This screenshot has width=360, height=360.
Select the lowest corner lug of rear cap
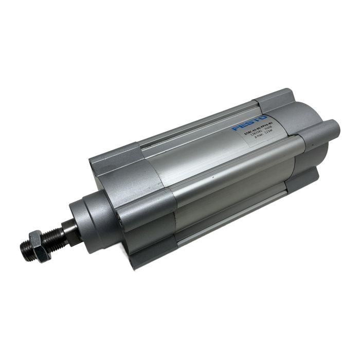[x=303, y=180]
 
